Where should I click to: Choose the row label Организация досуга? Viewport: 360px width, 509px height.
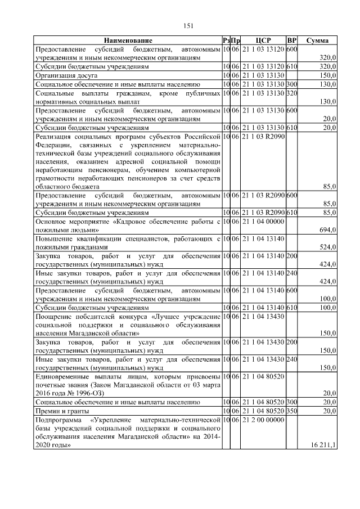(66, 75)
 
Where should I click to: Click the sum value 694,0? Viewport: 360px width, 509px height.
(327, 230)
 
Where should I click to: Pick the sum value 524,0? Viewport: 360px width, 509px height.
(327, 246)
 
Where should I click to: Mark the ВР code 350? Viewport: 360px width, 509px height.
(291, 411)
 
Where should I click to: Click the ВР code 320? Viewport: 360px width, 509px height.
(291, 92)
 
